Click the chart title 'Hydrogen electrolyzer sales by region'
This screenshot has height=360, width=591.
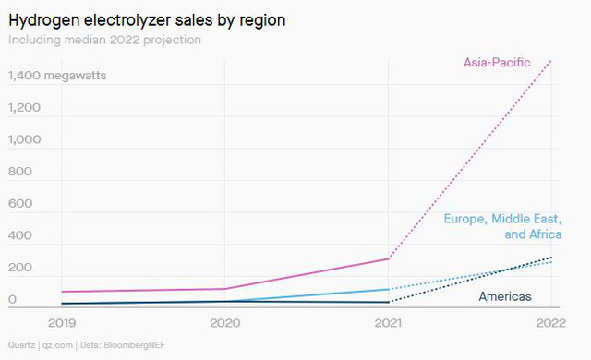tap(147, 20)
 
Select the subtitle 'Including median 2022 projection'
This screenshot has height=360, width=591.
tap(104, 40)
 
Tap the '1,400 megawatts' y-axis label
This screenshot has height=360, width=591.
tap(57, 76)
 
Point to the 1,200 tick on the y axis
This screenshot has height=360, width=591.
tap(24, 108)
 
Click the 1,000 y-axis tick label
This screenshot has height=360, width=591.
tap(25, 139)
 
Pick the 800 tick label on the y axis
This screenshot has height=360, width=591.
tap(20, 172)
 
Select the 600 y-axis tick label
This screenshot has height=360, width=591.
tap(20, 204)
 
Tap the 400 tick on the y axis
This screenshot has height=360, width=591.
tap(20, 235)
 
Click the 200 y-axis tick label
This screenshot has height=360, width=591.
tap(20, 268)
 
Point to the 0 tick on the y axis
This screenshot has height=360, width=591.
tap(12, 299)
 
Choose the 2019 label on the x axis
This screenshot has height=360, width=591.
tap(62, 323)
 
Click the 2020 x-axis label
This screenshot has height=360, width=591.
tap(225, 323)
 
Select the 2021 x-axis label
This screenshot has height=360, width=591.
tap(388, 323)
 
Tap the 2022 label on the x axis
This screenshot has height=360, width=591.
tap(551, 323)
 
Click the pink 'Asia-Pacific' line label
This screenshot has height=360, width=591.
tap(497, 63)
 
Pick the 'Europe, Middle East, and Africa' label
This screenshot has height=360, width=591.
tap(502, 226)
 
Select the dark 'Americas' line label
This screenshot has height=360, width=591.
tap(505, 296)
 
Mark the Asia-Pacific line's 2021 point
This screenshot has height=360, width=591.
tap(389, 258)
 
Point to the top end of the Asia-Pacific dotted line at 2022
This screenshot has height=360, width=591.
tap(550, 61)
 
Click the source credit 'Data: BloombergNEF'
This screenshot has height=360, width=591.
tap(123, 345)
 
